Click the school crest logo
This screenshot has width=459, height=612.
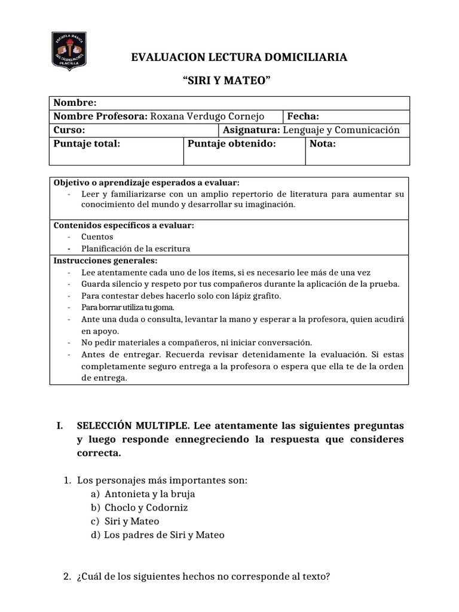(70, 51)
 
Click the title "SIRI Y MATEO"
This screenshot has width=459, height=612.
(229, 81)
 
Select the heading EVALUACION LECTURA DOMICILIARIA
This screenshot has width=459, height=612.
(239, 57)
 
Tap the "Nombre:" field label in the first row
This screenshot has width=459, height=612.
(75, 103)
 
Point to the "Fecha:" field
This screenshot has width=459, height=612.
(304, 117)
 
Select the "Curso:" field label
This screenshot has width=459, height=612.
(69, 130)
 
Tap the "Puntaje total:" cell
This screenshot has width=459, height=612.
(87, 144)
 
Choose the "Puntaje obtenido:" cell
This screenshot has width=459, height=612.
(232, 144)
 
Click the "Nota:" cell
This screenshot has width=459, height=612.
(323, 144)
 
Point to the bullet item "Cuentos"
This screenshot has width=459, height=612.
(97, 237)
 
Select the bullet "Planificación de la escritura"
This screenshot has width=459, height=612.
(136, 249)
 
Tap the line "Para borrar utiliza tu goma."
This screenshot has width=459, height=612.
(127, 307)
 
